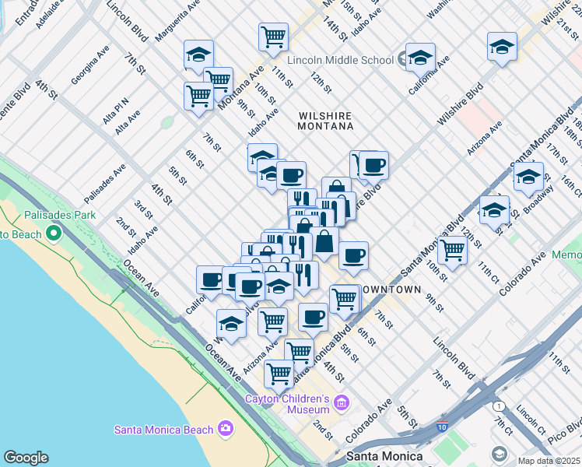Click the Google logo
click(x=26, y=458)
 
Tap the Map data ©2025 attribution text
click(x=549, y=461)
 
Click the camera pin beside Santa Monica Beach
click(x=226, y=427)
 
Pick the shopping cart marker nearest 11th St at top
click(x=273, y=36)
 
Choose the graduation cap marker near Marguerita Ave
click(x=198, y=54)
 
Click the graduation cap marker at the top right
click(x=502, y=46)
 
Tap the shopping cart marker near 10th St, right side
click(x=452, y=249)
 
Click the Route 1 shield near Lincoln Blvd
click(x=499, y=406)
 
